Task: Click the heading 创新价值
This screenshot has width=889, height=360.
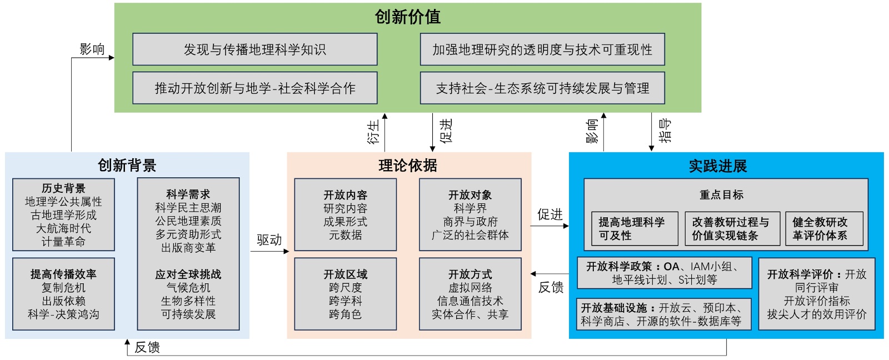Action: click(407, 17)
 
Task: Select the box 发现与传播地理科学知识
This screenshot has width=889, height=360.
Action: click(254, 49)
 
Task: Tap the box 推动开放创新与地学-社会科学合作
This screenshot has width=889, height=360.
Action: click(254, 88)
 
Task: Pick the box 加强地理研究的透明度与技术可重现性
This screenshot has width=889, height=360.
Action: click(542, 49)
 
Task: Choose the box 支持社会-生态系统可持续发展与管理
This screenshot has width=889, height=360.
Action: click(542, 88)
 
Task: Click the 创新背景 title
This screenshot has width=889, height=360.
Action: click(127, 165)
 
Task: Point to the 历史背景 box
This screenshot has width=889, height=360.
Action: click(63, 214)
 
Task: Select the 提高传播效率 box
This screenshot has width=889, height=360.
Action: click(63, 294)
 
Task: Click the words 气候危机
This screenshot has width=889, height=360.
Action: click(188, 288)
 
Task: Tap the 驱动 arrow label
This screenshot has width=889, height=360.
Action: click(269, 240)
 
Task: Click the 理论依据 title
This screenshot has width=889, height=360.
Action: click(408, 165)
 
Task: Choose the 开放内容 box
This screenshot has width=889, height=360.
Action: click(345, 214)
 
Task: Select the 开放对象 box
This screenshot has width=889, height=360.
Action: click(470, 214)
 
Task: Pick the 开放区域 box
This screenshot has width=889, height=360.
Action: click(345, 294)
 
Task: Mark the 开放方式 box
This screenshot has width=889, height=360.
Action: click(470, 294)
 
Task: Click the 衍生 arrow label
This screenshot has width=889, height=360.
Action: click(373, 132)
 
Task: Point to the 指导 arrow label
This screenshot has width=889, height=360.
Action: click(665, 131)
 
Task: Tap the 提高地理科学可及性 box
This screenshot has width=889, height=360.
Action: click(635, 228)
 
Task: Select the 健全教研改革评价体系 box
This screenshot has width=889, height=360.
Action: click(820, 228)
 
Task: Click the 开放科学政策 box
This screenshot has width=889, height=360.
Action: click(664, 273)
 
